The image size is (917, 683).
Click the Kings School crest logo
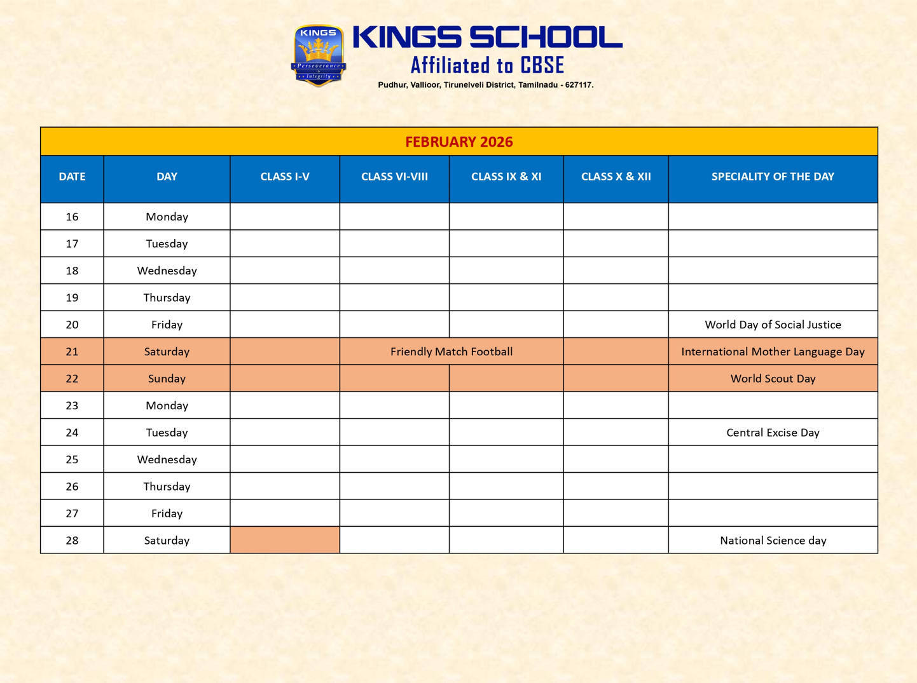318,55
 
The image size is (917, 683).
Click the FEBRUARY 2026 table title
459,142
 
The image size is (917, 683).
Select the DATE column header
72,177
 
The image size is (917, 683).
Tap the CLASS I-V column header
284,177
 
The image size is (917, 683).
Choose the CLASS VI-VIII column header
394,177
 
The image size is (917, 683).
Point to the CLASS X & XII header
616,177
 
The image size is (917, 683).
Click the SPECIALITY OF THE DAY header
773,177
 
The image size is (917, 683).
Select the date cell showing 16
72,217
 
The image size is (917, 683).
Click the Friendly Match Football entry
452,351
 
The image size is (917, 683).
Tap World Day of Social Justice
773,325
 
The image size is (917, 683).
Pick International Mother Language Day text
773,351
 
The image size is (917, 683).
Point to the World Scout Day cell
773,379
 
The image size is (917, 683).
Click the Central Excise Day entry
773,433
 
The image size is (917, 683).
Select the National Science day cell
773,541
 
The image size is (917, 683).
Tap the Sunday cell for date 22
167,379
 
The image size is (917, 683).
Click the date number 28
72,541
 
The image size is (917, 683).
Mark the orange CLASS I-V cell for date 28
284,540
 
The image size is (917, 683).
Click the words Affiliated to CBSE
487,65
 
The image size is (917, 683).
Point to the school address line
485,85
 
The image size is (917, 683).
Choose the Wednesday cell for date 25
167,459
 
